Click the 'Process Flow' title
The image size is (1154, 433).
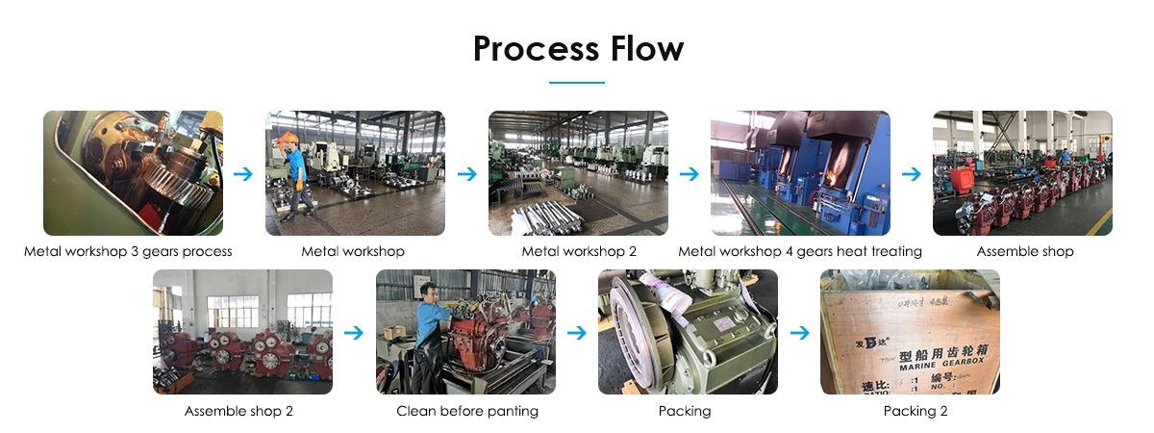coord(577,48)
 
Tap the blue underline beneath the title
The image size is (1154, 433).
coord(577,83)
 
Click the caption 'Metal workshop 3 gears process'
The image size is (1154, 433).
coord(128,251)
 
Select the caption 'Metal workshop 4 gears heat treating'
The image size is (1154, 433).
coord(800,251)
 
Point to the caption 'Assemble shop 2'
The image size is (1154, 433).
coord(238,411)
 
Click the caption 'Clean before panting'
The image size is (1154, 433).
coord(467,411)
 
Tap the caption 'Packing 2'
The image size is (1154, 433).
coord(910,411)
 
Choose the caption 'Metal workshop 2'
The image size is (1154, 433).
coord(578,251)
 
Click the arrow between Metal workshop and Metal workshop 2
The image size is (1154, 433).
coord(466,174)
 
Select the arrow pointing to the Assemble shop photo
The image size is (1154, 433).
coord(912,174)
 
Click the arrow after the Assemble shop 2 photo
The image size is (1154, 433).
coord(355,333)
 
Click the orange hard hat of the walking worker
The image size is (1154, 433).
coord(288,139)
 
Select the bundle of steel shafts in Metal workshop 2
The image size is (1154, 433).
coord(548,216)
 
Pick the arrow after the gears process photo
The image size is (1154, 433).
coord(243,174)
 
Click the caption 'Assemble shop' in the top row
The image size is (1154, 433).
coord(1024,251)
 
